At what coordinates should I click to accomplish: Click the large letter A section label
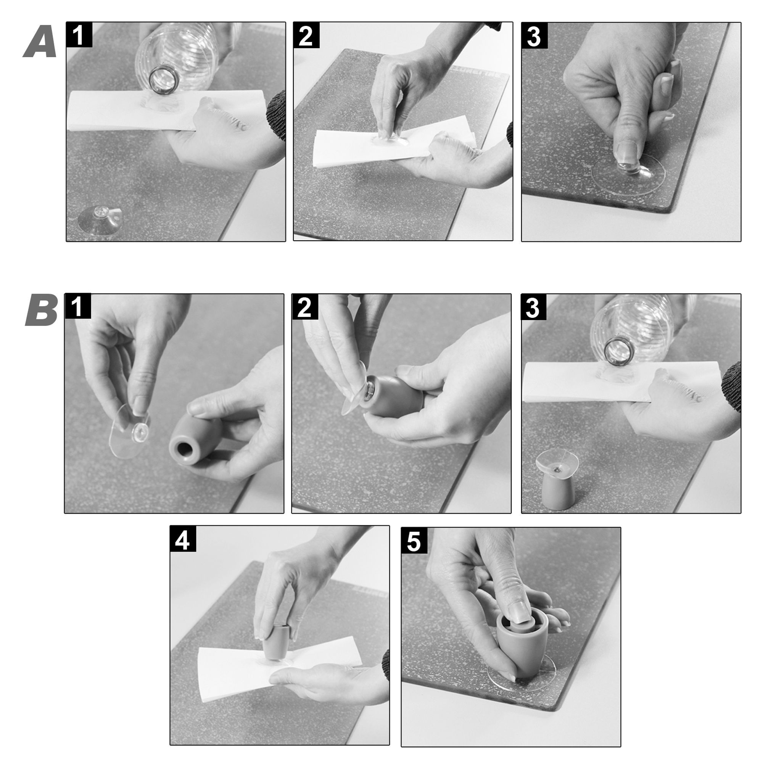(x=41, y=42)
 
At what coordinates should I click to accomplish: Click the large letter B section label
(x=42, y=311)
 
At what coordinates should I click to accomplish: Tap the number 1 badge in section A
(x=79, y=35)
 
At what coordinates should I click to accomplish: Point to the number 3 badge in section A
(x=534, y=35)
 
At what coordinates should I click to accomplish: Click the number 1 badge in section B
(x=78, y=306)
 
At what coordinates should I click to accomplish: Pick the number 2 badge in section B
(x=305, y=306)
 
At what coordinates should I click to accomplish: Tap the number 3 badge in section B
(x=534, y=307)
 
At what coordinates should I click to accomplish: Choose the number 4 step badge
(x=183, y=539)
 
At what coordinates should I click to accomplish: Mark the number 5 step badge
(x=414, y=540)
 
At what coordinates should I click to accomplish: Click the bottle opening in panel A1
(x=163, y=80)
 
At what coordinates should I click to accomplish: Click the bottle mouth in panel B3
(x=619, y=351)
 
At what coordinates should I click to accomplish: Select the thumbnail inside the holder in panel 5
(x=518, y=614)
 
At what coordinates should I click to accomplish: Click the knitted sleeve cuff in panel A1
(x=276, y=115)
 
